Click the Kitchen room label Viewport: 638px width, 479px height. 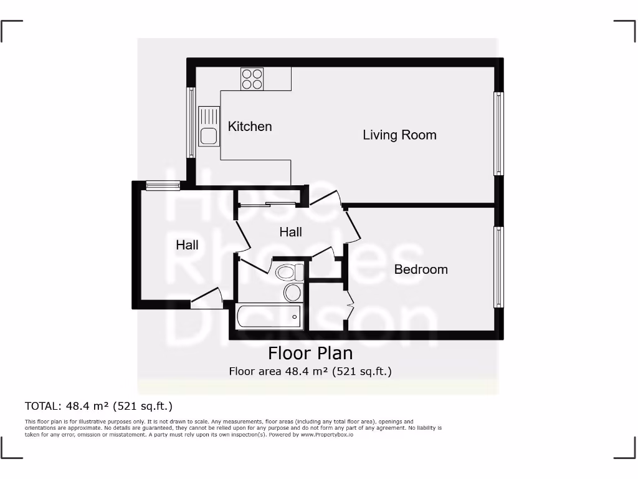click(x=250, y=127)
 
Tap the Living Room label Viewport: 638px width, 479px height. click(x=399, y=135)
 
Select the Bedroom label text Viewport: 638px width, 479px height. click(x=421, y=269)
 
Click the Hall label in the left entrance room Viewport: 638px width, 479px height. click(x=187, y=245)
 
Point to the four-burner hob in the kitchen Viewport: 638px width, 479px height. click(x=252, y=79)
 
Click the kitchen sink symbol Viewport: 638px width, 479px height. click(x=209, y=127)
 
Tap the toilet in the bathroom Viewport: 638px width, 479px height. click(x=289, y=273)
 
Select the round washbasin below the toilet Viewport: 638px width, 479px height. click(x=292, y=293)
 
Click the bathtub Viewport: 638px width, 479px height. click(x=269, y=317)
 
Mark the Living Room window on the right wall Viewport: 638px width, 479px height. click(x=498, y=133)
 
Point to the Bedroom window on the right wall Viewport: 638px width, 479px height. click(x=498, y=267)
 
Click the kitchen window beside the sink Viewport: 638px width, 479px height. click(x=191, y=122)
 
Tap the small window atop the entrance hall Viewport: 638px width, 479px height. click(x=163, y=185)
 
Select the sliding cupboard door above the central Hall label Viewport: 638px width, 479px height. click(x=267, y=204)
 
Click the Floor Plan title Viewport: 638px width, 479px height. click(x=310, y=353)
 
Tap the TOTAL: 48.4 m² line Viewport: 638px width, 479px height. click(x=98, y=406)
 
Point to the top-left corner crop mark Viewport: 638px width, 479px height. click(x=11, y=31)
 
